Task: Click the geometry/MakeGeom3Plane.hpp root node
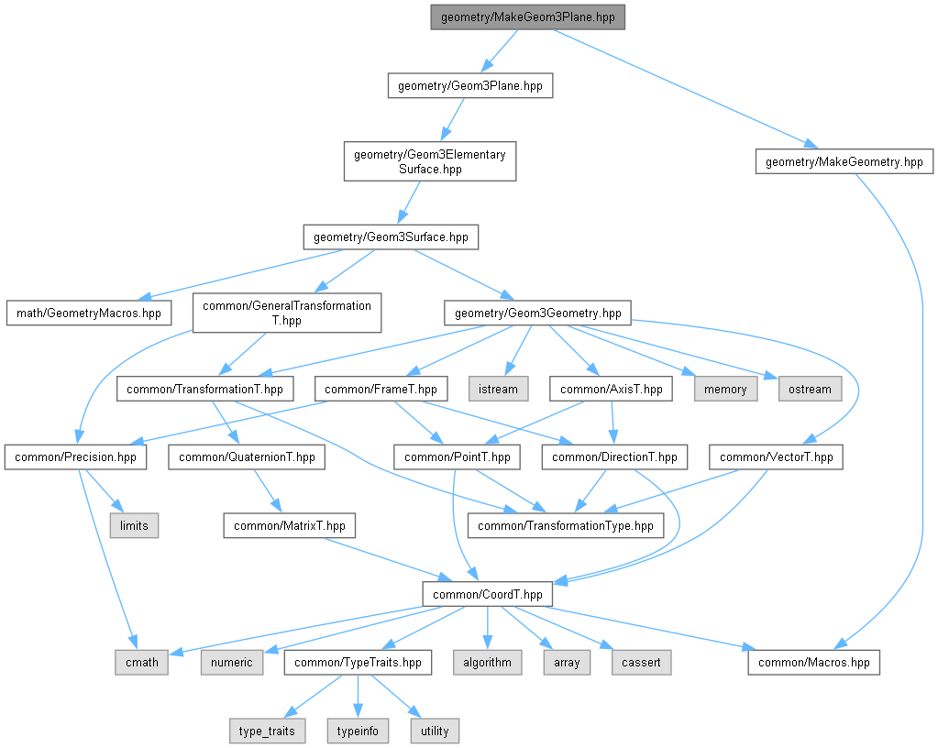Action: point(527,17)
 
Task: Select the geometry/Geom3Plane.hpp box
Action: point(470,85)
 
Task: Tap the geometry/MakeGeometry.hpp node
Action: point(844,161)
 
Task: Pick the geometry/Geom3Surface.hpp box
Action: point(391,236)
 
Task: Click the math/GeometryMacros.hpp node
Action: point(89,313)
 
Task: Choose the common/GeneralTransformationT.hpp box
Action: point(287,313)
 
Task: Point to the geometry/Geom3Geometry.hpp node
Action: point(538,313)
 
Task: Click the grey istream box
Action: point(498,389)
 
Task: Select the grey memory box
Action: point(725,389)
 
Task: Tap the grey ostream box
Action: point(810,389)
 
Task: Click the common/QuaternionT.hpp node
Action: point(247,456)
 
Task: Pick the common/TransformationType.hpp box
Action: point(566,525)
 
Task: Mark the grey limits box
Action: point(134,525)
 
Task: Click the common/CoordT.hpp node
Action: point(488,594)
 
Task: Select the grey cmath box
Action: point(142,663)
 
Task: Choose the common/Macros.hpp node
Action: point(813,663)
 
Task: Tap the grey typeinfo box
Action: point(358,731)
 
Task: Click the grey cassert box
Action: point(641,663)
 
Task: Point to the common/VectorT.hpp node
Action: point(776,456)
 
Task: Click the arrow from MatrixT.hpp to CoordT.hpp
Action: point(389,560)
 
